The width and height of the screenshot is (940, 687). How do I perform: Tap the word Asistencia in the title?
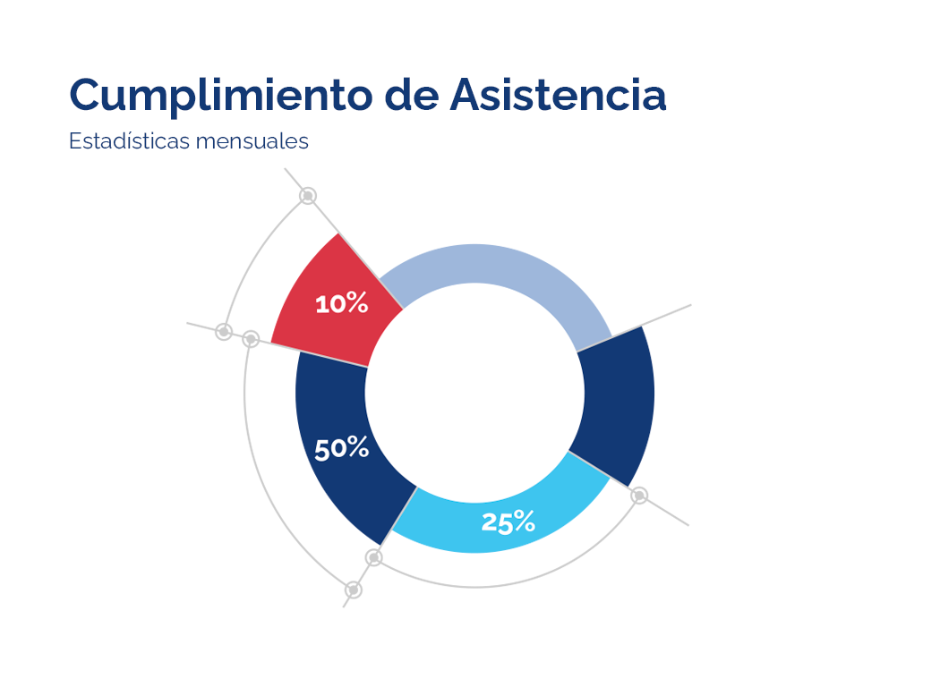tap(558, 95)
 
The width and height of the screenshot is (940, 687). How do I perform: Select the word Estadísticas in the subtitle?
tap(126, 141)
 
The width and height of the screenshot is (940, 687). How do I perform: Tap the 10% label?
tap(342, 304)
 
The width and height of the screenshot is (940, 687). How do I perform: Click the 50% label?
tap(341, 448)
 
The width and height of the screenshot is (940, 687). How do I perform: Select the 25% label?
tap(508, 522)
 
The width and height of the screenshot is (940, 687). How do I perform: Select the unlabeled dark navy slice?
tap(618, 403)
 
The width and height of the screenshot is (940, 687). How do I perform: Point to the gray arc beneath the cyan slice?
tap(501, 585)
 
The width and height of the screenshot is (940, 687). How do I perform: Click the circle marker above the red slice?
tap(308, 195)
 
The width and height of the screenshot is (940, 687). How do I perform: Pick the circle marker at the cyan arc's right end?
tap(639, 496)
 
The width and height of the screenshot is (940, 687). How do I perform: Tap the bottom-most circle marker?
tap(354, 589)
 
